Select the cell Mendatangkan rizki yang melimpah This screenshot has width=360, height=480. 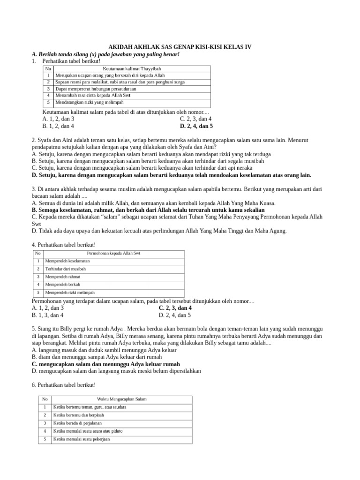90,102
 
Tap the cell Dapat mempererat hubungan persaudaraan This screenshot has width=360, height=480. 96,89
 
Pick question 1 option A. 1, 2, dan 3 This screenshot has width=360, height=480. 58,119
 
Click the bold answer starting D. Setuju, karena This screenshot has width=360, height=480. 171,175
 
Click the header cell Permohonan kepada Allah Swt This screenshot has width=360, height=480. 113,254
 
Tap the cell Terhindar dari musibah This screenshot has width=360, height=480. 66,269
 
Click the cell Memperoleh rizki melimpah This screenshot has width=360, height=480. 69,292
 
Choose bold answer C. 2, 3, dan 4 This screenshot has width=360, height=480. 175,308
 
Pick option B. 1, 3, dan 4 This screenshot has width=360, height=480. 48,315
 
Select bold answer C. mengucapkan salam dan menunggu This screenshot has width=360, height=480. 105,364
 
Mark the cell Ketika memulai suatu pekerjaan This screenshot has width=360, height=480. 82,439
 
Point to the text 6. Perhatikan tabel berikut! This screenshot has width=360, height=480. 63,385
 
